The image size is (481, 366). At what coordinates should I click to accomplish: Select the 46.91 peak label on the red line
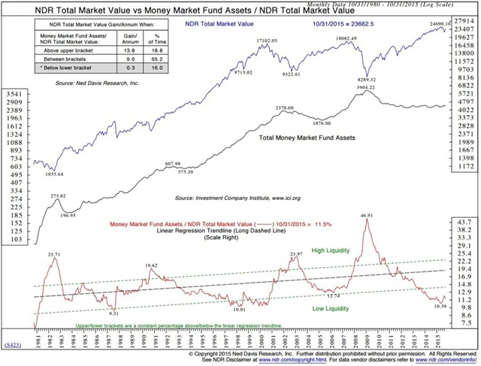368,216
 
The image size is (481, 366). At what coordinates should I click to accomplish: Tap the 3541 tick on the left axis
14,94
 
